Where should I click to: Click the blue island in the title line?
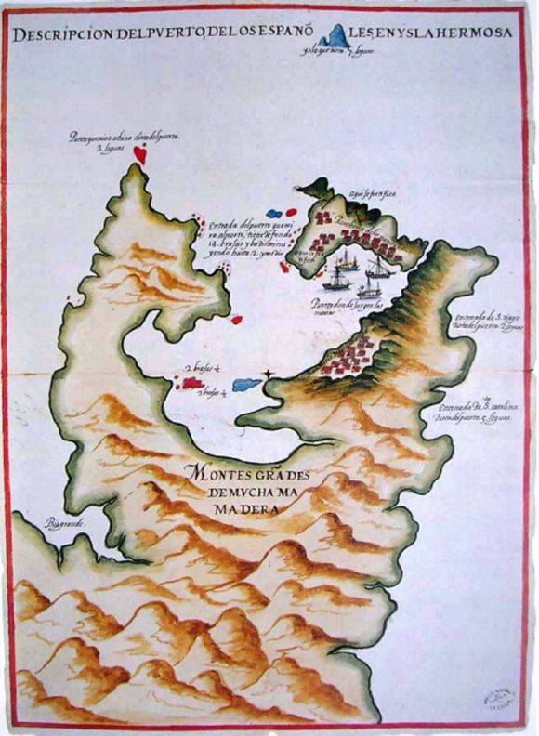[x=333, y=36]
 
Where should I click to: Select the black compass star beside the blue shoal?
[x=269, y=375]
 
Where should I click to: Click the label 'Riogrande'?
[x=62, y=525]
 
